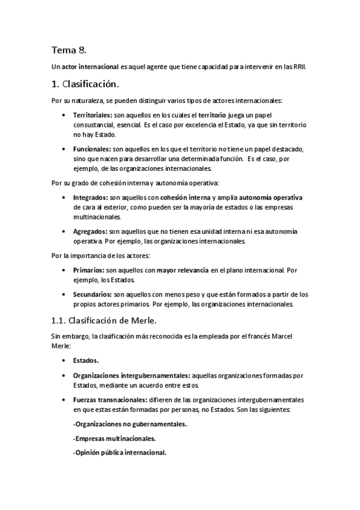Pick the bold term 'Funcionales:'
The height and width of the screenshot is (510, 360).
pos(91,149)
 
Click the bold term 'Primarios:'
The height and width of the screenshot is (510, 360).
pos(88,270)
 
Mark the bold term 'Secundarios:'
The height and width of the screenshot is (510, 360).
pos(92,295)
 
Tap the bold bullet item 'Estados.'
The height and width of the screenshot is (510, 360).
pos(86,360)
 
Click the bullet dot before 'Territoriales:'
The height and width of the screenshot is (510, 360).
pos(64,114)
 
